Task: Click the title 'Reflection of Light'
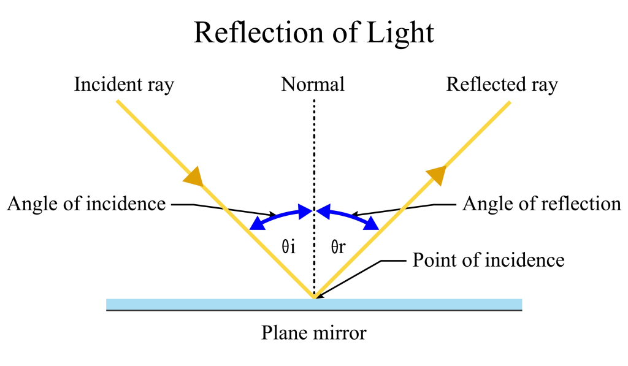(313, 33)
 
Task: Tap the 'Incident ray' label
(124, 85)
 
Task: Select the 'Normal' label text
(313, 85)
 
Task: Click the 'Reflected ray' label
(502, 85)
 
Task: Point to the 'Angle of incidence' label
(86, 204)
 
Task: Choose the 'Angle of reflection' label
(542, 204)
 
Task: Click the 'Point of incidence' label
(488, 260)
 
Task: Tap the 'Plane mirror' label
(313, 333)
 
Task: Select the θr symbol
(339, 248)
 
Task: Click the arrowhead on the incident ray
(193, 175)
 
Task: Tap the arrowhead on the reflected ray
(435, 175)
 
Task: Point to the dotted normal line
(314, 153)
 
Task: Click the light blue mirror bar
(184, 304)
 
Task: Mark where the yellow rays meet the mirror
(314, 298)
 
